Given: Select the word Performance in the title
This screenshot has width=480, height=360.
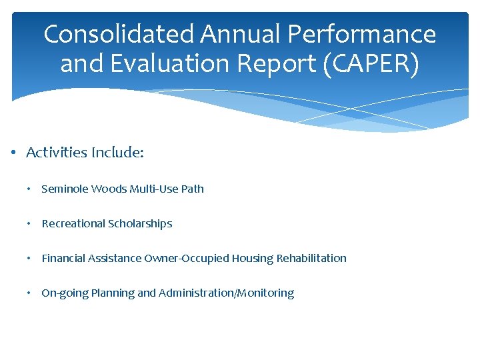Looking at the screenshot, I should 364,35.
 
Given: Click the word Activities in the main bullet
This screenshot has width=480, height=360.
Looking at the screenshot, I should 57,153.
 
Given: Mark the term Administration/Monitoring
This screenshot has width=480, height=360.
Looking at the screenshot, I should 226,293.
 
